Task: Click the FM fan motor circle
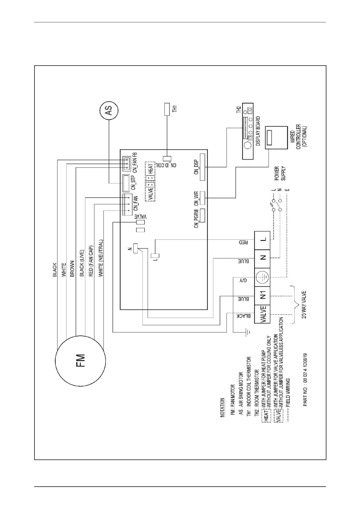[80, 361]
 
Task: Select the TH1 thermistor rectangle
[167, 109]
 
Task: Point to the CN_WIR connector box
[202, 198]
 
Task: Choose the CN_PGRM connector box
[202, 216]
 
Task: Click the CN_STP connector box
[126, 183]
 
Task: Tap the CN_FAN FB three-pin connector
[126, 164]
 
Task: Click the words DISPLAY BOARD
[258, 131]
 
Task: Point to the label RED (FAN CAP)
[91, 261]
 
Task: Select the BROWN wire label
[72, 268]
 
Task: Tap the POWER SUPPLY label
[280, 173]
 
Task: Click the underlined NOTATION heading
[223, 408]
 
